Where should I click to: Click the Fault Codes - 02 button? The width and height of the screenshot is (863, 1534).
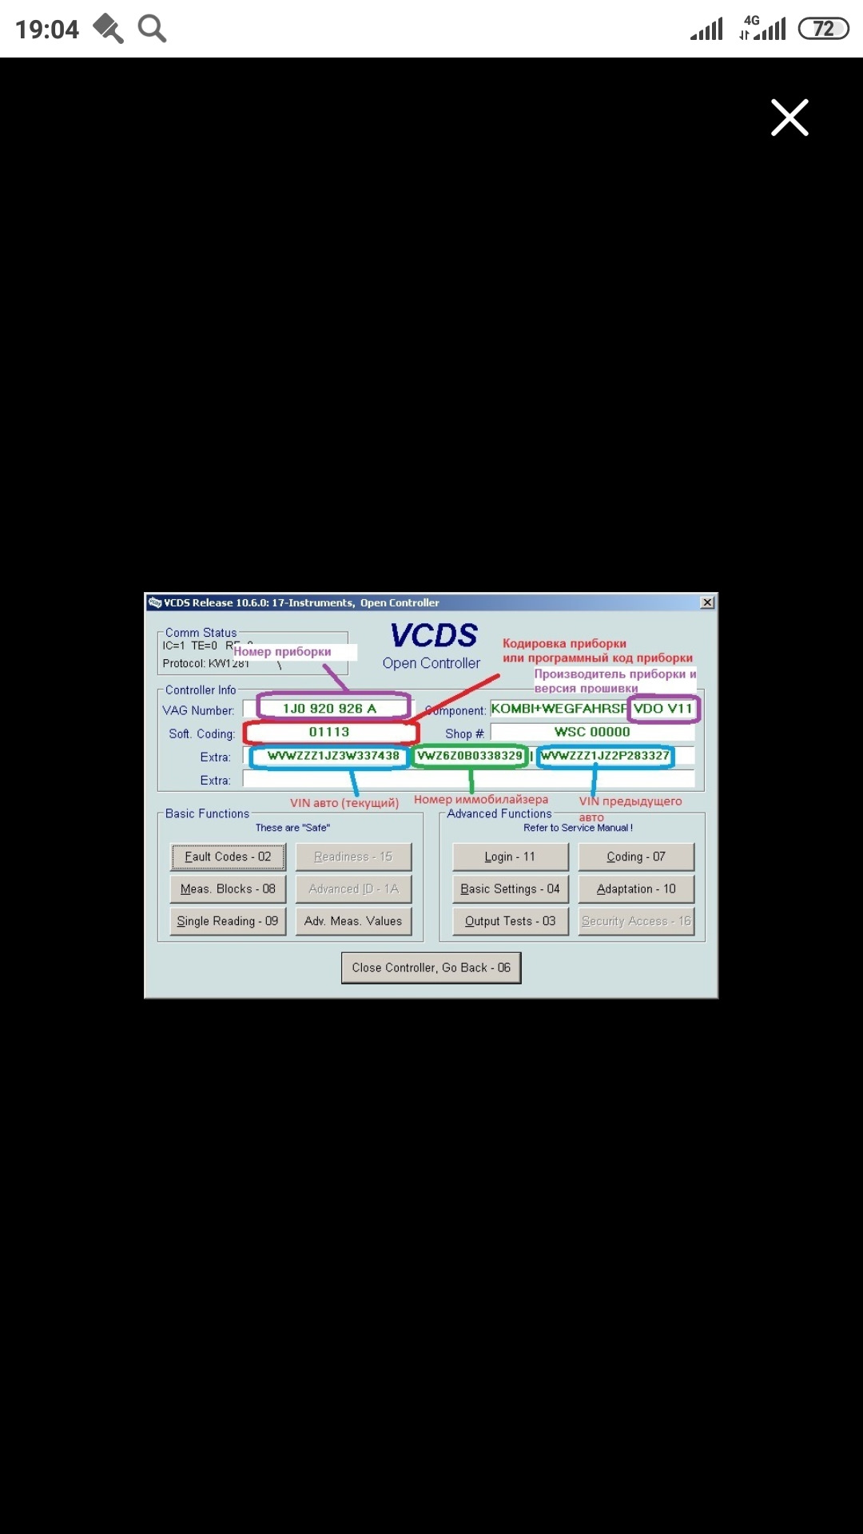(228, 856)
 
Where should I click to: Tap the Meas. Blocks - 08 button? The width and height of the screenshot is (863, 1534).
(228, 888)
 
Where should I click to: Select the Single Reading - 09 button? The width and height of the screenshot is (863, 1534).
(228, 921)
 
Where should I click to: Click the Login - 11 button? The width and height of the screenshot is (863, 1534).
(510, 856)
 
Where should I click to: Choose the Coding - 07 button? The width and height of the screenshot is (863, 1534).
(636, 856)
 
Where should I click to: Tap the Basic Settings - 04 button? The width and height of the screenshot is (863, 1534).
(510, 888)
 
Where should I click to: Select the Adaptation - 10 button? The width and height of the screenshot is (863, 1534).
(636, 888)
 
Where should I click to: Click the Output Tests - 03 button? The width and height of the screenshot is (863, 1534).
(510, 921)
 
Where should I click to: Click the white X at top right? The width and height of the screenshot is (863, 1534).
(789, 117)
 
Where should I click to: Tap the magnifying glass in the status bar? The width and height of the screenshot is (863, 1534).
(152, 29)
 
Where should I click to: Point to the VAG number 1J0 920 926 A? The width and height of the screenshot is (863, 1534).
(329, 709)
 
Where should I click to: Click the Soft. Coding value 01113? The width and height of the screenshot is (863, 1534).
(329, 732)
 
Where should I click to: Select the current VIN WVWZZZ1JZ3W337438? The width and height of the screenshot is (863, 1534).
(333, 756)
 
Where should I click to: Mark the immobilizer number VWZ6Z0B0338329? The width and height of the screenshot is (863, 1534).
(470, 756)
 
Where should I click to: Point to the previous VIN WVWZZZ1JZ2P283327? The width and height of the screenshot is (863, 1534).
(605, 756)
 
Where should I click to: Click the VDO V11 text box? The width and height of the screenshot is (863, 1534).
(662, 709)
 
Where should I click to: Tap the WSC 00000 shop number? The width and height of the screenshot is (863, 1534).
(592, 732)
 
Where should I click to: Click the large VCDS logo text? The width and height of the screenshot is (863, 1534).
(434, 636)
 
